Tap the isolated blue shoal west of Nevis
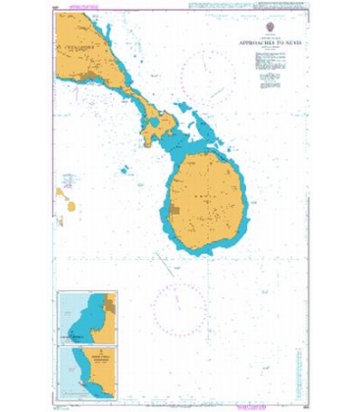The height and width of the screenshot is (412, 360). coord(125,169)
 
